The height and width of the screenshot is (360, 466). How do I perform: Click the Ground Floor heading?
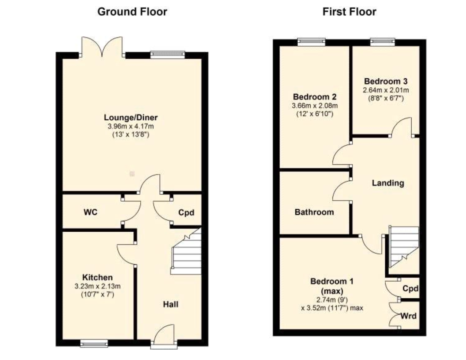132,12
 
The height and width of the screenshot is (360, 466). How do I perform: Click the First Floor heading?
349,12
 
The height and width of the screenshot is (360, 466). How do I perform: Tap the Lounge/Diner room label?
131,118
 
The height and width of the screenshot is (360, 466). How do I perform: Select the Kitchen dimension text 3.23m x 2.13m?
97,286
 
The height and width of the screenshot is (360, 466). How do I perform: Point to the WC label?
90,212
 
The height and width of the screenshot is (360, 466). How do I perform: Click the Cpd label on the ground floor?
186,212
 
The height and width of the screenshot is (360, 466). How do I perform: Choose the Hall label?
171,304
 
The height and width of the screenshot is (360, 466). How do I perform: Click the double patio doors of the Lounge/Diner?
102,47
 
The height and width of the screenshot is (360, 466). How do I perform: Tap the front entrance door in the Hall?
164,335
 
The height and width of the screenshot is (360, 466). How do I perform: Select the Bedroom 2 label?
314,97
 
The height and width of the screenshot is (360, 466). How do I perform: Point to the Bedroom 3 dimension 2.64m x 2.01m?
386,90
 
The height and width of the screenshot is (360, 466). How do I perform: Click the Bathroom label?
314,212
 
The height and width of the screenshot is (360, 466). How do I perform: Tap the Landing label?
388,183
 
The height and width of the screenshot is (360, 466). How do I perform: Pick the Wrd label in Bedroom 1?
408,316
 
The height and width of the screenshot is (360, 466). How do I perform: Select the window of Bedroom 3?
382,42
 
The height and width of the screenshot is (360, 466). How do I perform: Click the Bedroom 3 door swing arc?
402,127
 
